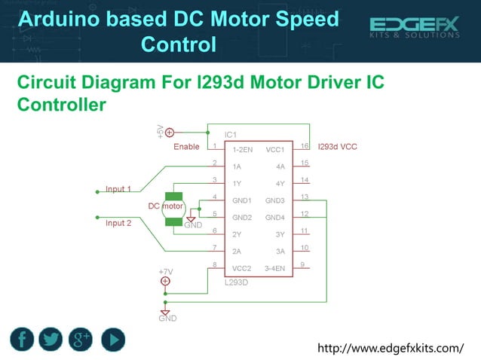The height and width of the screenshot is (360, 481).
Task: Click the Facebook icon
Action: click(x=23, y=340)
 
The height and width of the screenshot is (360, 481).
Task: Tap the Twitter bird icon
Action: click(x=51, y=340)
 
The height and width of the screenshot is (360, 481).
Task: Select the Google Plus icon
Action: click(x=81, y=340)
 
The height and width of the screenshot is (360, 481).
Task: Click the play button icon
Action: click(x=112, y=340)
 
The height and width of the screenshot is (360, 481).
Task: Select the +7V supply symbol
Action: click(x=166, y=282)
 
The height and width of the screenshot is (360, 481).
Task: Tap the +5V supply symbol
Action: click(x=170, y=132)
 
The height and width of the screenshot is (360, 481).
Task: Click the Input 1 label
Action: click(x=118, y=189)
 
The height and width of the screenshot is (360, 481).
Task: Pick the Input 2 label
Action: click(x=118, y=223)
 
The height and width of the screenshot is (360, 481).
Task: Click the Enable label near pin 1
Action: click(x=186, y=147)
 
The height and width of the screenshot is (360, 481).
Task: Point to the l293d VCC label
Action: click(x=337, y=147)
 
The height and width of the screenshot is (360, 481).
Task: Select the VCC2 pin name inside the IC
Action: click(x=241, y=268)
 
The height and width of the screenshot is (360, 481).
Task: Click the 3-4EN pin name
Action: click(x=274, y=268)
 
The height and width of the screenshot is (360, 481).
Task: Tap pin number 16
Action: click(x=305, y=146)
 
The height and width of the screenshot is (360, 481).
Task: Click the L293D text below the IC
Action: click(x=237, y=283)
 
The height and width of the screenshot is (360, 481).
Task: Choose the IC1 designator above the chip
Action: click(x=231, y=133)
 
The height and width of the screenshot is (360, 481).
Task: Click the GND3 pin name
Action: click(x=274, y=200)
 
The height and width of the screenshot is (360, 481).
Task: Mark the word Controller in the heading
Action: click(x=62, y=105)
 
